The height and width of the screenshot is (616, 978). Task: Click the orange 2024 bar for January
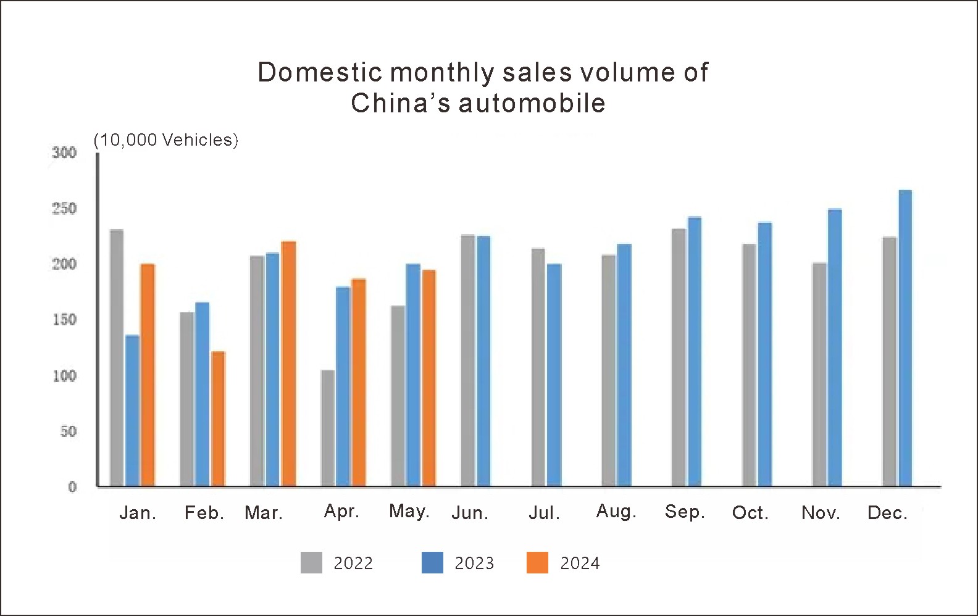pyautogui.click(x=148, y=375)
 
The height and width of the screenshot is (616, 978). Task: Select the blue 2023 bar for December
pyautogui.click(x=905, y=338)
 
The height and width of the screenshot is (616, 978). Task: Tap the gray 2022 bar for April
pyautogui.click(x=328, y=428)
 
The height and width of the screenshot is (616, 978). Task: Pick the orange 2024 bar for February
pyautogui.click(x=219, y=418)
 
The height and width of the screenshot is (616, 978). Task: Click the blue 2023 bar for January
pyautogui.click(x=132, y=410)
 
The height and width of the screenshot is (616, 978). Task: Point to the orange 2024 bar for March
pyautogui.click(x=288, y=364)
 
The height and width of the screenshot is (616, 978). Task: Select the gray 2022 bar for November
pyautogui.click(x=819, y=374)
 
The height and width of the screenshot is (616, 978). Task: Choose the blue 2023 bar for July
pyautogui.click(x=554, y=375)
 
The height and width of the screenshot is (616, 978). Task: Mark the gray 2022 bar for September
pyautogui.click(x=679, y=357)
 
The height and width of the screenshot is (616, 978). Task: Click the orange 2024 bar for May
pyautogui.click(x=428, y=378)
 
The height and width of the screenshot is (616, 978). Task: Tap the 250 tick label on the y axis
pyautogui.click(x=64, y=209)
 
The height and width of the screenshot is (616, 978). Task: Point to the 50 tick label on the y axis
pyautogui.click(x=68, y=431)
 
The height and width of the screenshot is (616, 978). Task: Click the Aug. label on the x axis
pyautogui.click(x=616, y=512)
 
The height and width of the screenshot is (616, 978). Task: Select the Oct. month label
pyautogui.click(x=750, y=513)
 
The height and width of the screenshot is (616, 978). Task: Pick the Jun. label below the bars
pyautogui.click(x=470, y=513)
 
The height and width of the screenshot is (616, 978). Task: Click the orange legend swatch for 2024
pyautogui.click(x=537, y=563)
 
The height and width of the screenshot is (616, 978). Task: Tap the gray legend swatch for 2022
pyautogui.click(x=311, y=563)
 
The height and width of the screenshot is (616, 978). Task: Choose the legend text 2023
pyautogui.click(x=474, y=563)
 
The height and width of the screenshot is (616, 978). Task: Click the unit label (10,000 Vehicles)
pyautogui.click(x=165, y=140)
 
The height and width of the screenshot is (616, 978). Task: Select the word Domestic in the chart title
pyautogui.click(x=320, y=73)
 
